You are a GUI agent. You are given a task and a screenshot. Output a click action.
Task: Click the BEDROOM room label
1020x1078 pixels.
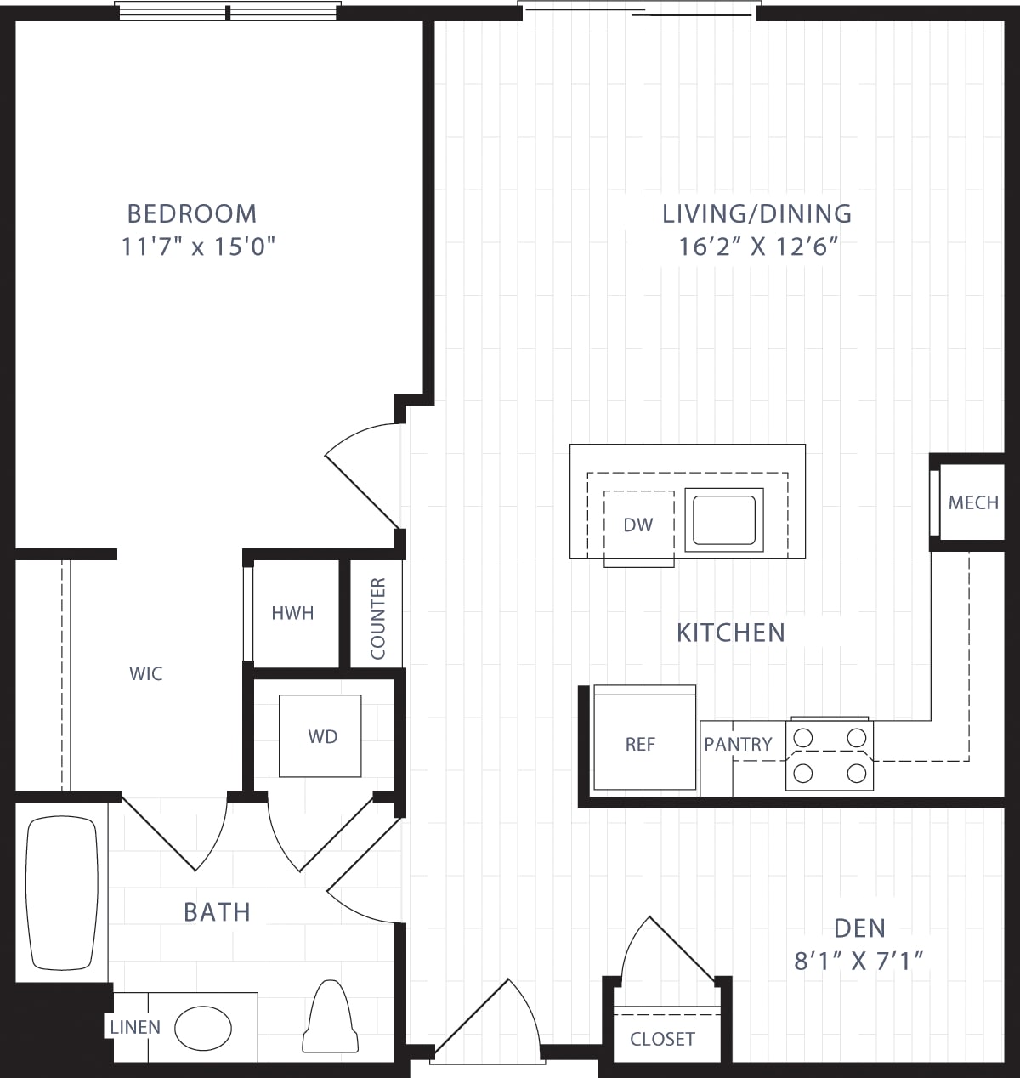[191, 213]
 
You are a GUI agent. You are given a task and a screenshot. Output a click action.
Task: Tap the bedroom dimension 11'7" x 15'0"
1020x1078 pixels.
[199, 247]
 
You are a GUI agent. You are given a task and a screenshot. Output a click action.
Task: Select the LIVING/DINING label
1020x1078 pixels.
[756, 213]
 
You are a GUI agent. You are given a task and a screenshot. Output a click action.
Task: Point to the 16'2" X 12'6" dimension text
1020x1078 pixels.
[759, 247]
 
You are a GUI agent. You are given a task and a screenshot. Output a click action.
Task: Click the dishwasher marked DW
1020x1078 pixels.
[638, 525]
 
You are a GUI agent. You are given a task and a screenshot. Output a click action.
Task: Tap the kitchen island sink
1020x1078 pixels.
[723, 520]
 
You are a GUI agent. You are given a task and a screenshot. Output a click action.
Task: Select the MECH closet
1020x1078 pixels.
[972, 502]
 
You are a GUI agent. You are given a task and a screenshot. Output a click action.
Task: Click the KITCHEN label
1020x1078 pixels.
[730, 633]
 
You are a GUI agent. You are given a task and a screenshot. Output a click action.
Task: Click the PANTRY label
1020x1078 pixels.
[738, 744]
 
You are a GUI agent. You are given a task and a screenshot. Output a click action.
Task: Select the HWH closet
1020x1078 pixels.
[292, 613]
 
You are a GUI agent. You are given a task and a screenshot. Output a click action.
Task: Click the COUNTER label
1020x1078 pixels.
[378, 618]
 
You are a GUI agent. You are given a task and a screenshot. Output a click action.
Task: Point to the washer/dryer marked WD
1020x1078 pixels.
[322, 736]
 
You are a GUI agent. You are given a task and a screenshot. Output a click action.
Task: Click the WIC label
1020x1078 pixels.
[145, 674]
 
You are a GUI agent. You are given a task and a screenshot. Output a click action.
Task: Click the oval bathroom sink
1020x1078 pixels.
[203, 1028]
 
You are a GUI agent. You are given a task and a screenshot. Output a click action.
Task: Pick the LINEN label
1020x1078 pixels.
[135, 1027]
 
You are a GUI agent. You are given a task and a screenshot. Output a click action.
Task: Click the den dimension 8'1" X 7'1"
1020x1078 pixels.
[858, 962]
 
